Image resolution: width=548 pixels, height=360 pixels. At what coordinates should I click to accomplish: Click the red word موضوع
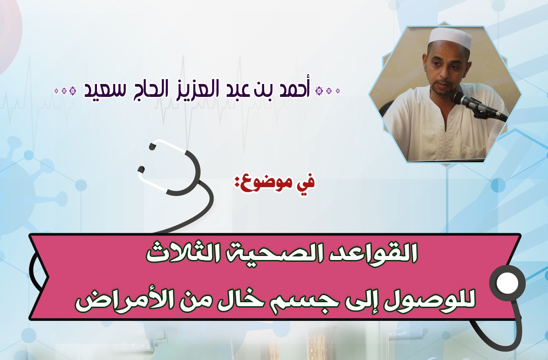pos(267,183)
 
